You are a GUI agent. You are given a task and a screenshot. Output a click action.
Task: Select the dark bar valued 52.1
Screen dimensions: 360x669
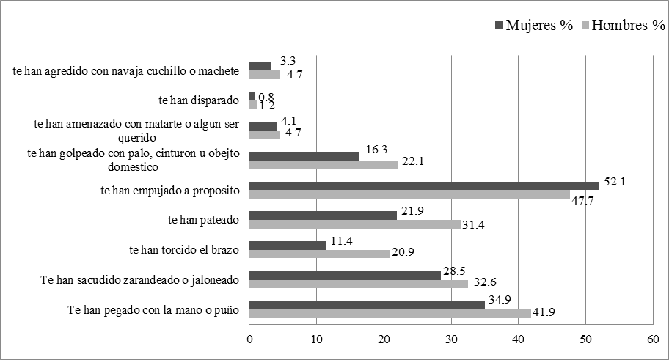coord(424,185)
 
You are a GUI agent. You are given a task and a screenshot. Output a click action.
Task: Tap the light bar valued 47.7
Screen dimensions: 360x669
coord(409,195)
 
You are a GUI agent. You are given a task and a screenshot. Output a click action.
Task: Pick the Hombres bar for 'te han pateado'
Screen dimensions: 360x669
coord(355,224)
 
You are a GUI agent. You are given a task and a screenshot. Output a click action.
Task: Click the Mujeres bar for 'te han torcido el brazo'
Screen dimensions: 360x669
coord(288,246)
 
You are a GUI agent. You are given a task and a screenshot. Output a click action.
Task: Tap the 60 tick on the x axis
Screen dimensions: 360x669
coord(652,339)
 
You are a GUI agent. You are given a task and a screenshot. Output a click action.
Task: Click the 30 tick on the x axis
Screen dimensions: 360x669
coord(450,339)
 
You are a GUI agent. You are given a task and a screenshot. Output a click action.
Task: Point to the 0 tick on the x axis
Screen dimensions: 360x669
coord(249,339)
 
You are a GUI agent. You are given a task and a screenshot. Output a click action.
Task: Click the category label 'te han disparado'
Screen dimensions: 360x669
coord(200,100)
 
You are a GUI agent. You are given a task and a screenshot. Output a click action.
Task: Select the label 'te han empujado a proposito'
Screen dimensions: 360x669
coord(170,190)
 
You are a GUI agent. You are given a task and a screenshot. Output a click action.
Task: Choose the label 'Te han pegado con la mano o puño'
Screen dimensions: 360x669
coord(154,309)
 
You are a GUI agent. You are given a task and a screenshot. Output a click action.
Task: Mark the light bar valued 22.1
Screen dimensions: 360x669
coord(323,164)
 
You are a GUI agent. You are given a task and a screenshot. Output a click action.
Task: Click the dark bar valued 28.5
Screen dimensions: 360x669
coord(345,276)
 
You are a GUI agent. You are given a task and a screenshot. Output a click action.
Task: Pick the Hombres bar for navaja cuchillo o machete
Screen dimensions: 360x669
coord(265,75)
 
